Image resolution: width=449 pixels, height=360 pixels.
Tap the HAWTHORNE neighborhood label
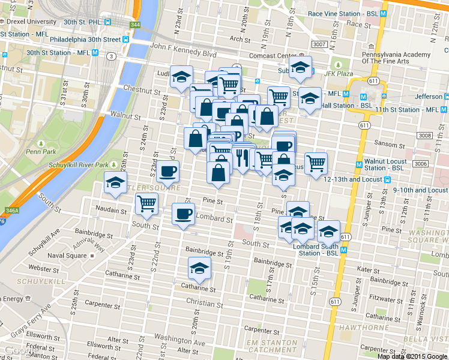(358, 328)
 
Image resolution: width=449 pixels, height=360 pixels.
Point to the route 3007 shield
(319, 44)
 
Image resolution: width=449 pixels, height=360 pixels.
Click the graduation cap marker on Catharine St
(199, 269)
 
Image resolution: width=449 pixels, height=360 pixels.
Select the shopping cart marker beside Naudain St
(147, 203)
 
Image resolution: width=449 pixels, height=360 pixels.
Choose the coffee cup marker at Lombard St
(184, 214)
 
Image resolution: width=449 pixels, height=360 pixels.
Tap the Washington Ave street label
(179, 343)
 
